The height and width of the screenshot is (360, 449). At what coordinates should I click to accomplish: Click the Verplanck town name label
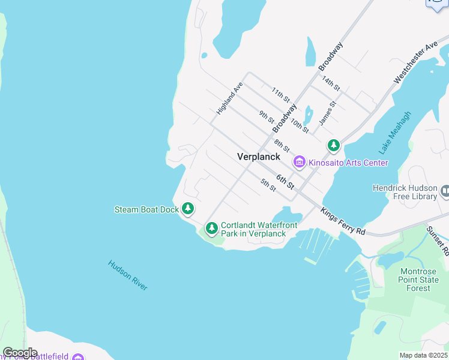[x=259, y=157]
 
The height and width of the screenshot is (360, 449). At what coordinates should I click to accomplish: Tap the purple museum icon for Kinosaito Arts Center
[x=299, y=163]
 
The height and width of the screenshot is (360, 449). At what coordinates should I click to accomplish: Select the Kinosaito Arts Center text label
[x=348, y=163]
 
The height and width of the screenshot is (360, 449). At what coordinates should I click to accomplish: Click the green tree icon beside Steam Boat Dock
[x=188, y=209]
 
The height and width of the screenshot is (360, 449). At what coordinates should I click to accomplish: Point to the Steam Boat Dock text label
[x=146, y=210]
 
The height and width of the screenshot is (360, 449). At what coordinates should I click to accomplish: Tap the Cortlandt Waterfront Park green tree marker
[x=211, y=228]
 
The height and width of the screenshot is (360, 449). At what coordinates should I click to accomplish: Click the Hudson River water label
[x=128, y=275]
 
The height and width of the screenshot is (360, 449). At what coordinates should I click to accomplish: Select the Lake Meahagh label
[x=395, y=131]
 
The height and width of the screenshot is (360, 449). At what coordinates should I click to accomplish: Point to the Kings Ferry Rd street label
[x=343, y=222]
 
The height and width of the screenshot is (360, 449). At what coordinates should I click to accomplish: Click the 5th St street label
[x=268, y=185]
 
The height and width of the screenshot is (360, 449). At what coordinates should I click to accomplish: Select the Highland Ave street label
[x=229, y=99]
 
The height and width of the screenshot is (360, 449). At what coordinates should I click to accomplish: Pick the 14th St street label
[x=330, y=83]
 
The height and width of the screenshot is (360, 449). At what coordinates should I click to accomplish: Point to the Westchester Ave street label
[x=416, y=63]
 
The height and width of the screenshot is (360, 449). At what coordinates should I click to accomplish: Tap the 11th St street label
[x=280, y=95]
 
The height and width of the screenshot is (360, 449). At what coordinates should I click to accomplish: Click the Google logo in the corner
[x=20, y=353]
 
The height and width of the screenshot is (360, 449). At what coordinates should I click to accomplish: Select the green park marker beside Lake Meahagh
[x=334, y=145]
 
